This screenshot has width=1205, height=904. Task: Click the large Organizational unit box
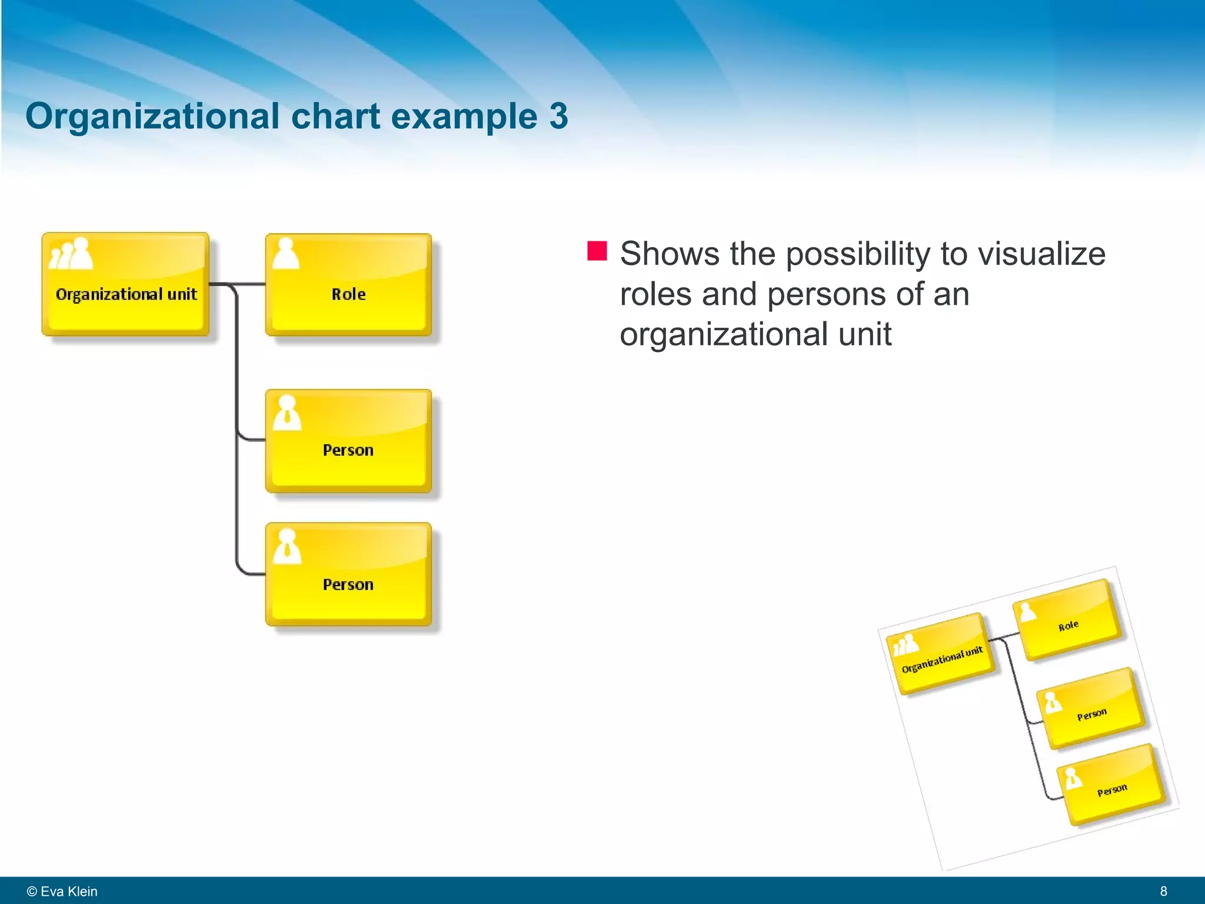pos(125,284)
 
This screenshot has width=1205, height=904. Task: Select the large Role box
pos(348,285)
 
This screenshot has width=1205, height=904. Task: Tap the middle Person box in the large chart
pos(348,441)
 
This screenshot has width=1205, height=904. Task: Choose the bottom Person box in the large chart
pos(348,574)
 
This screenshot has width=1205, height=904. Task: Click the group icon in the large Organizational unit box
pos(72,254)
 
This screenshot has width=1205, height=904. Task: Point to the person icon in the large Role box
pos(286,254)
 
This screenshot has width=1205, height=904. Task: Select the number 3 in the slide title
pos(558,116)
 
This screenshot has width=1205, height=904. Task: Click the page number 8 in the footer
pos(1163,891)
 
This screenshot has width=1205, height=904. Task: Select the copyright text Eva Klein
pos(68,891)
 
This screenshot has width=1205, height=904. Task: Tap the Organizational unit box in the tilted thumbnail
pos(941,653)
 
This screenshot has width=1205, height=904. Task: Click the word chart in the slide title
pos(335,116)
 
